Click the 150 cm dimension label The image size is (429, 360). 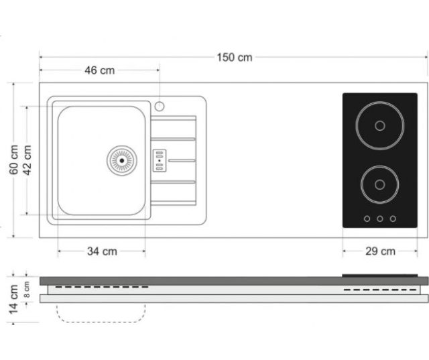[235, 58]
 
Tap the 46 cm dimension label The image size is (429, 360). [100, 70]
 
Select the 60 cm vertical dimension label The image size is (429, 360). [13, 160]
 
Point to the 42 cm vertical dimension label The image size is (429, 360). [27, 160]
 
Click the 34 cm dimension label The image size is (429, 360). [102, 251]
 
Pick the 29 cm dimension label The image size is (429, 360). [380, 251]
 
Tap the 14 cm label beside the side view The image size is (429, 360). [13, 299]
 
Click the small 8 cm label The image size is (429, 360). [27, 290]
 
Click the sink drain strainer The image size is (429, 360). [122, 161]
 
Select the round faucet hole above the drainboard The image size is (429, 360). [160, 106]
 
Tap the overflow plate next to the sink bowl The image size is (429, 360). [160, 161]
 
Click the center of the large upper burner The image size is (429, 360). [380, 126]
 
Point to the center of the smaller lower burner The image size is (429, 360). [380, 185]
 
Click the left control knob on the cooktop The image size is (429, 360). [367, 219]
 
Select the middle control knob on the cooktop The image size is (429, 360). [380, 219]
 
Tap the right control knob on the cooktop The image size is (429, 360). [393, 219]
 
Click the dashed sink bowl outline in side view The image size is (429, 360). [101, 322]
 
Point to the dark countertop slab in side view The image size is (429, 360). [234, 281]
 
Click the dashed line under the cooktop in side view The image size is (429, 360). [380, 290]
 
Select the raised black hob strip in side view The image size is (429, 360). [380, 276]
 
